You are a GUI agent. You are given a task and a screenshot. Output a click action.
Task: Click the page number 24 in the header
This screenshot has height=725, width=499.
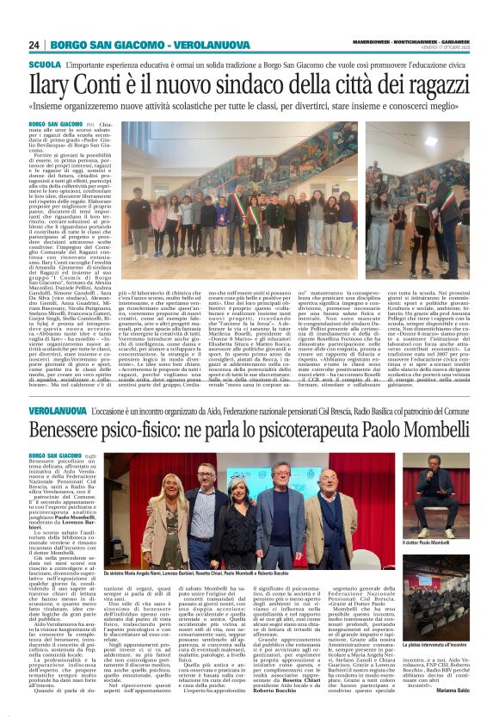(34, 45)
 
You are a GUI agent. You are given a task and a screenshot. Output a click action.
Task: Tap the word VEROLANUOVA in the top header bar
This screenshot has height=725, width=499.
(193, 45)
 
